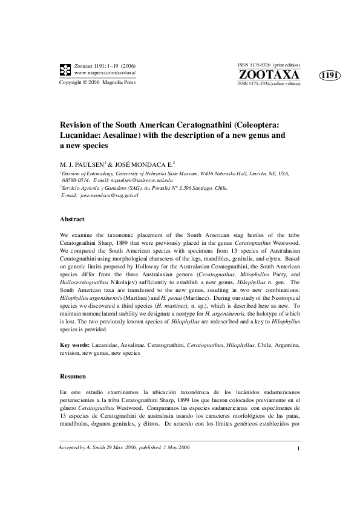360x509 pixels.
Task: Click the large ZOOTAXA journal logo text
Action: (x=269, y=74)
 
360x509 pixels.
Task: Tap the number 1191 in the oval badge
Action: (x=330, y=76)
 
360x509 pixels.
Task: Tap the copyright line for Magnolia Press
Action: (x=97, y=82)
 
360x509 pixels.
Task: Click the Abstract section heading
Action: (x=72, y=219)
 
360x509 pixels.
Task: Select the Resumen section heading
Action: (x=73, y=376)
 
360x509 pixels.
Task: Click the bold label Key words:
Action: (x=74, y=345)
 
